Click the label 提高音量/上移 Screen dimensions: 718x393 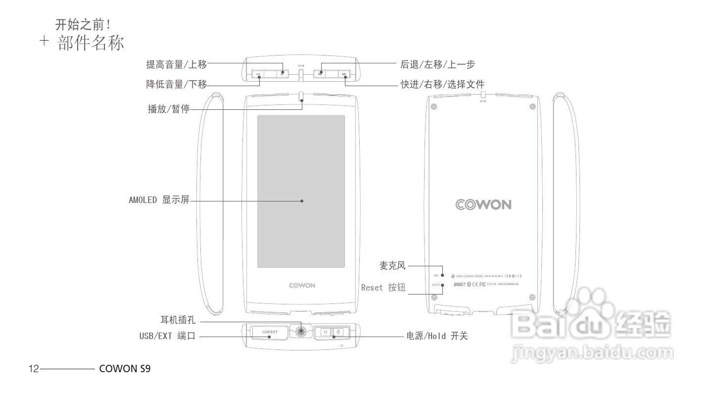[x=176, y=64]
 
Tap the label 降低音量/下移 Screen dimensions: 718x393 [x=176, y=84]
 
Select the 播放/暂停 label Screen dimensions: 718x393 [x=169, y=109]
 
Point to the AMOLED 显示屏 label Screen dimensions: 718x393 [x=159, y=200]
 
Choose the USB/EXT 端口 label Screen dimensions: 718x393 [x=167, y=336]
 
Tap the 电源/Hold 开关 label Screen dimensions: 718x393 [x=437, y=336]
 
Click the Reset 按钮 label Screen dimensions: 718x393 [x=383, y=287]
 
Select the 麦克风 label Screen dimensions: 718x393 [x=392, y=266]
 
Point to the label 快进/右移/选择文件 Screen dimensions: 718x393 [x=442, y=84]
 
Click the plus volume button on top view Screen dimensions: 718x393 [x=283, y=74]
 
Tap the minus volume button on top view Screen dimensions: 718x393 [x=258, y=74]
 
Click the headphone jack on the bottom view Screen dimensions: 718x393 [x=301, y=332]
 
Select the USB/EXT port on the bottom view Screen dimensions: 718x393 [x=270, y=332]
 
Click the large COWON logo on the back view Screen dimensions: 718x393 [x=483, y=205]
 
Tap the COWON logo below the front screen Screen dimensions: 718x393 [x=302, y=286]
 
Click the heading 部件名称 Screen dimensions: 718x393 [x=90, y=44]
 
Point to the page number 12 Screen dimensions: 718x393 [x=34, y=369]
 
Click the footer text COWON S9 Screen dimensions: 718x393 [x=125, y=369]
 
